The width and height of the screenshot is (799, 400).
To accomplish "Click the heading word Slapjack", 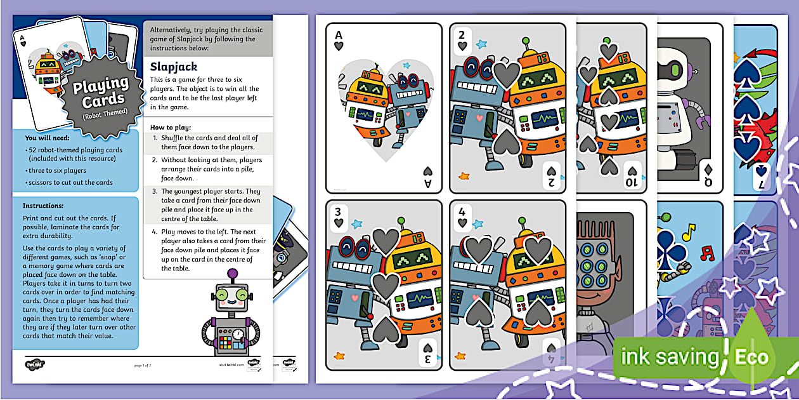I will pos(173,66).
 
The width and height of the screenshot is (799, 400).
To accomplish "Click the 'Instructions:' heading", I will pos(44,206).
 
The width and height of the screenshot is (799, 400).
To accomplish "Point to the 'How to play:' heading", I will pos(171,127).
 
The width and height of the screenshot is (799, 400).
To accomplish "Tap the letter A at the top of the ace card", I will pos(339,36).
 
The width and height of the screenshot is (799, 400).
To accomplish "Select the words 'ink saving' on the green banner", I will pos(670,357).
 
